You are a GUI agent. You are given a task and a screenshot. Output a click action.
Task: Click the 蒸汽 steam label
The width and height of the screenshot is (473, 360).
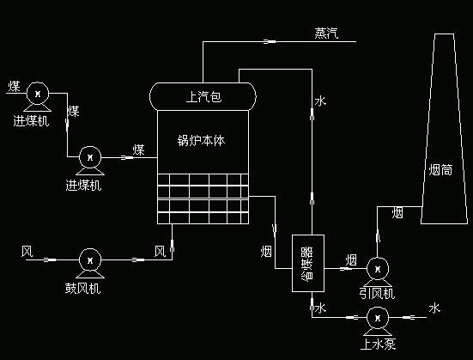pos(327,34)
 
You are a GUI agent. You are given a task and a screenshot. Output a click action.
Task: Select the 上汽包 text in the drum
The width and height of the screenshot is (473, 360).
pos(203,96)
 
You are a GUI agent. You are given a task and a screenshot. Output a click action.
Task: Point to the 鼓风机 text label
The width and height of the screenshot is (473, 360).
pos(82,288)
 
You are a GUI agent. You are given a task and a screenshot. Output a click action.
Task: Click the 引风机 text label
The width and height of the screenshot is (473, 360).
pos(376,293)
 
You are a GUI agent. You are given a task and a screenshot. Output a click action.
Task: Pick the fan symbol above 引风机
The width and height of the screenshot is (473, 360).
pos(376,268)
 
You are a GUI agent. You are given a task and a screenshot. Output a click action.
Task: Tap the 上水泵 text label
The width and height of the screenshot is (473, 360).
pos(377,345)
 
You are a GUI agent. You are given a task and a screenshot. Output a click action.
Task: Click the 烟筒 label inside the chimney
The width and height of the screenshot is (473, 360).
pos(440,170)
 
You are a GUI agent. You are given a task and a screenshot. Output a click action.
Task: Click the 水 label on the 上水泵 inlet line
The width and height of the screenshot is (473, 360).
pos(434,308)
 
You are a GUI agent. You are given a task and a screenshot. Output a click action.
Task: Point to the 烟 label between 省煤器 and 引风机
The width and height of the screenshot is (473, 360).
pos(351,259)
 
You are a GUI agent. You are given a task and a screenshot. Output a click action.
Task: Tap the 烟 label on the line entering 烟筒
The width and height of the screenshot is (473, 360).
pos(397,211)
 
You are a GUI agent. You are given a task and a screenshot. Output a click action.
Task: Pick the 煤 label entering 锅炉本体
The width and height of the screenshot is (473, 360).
pos(138,150)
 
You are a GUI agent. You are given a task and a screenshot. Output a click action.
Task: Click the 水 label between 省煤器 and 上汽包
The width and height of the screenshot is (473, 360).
pos(320,101)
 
